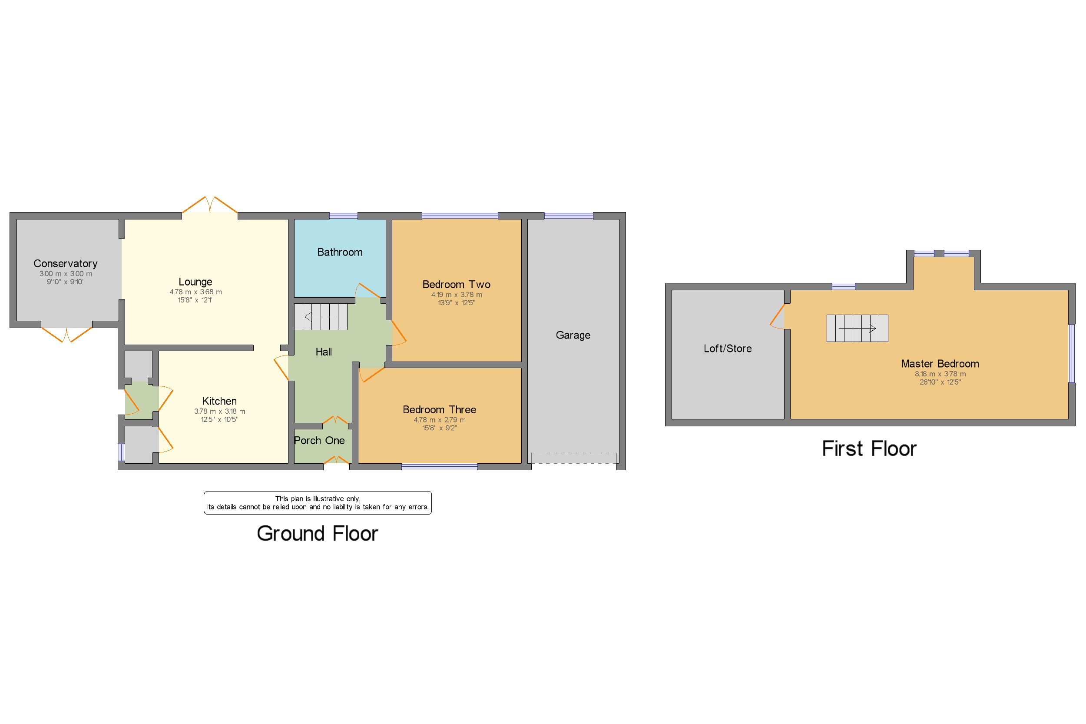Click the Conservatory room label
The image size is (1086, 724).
click(66, 264)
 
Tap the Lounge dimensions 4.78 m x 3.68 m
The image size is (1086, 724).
click(195, 292)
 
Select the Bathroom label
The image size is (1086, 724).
click(340, 252)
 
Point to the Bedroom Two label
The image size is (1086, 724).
click(456, 284)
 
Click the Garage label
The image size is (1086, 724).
click(573, 335)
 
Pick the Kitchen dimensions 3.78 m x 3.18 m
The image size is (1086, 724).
click(219, 412)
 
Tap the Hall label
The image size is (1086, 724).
click(324, 352)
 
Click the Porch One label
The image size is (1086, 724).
click(319, 441)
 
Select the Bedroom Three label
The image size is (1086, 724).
click(439, 409)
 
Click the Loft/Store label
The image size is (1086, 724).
click(727, 349)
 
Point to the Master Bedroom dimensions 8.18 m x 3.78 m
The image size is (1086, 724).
click(940, 374)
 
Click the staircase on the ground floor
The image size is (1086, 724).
click(321, 317)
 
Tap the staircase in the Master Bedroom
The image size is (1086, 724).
click(857, 328)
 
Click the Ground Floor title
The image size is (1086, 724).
click(318, 534)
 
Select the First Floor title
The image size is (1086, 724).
click(869, 449)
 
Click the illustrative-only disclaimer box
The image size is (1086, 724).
click(318, 503)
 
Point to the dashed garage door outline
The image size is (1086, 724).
click(574, 458)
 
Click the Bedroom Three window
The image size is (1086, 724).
click(439, 467)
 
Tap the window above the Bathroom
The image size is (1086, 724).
click(343, 216)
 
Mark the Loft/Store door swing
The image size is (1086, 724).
click(778, 317)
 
